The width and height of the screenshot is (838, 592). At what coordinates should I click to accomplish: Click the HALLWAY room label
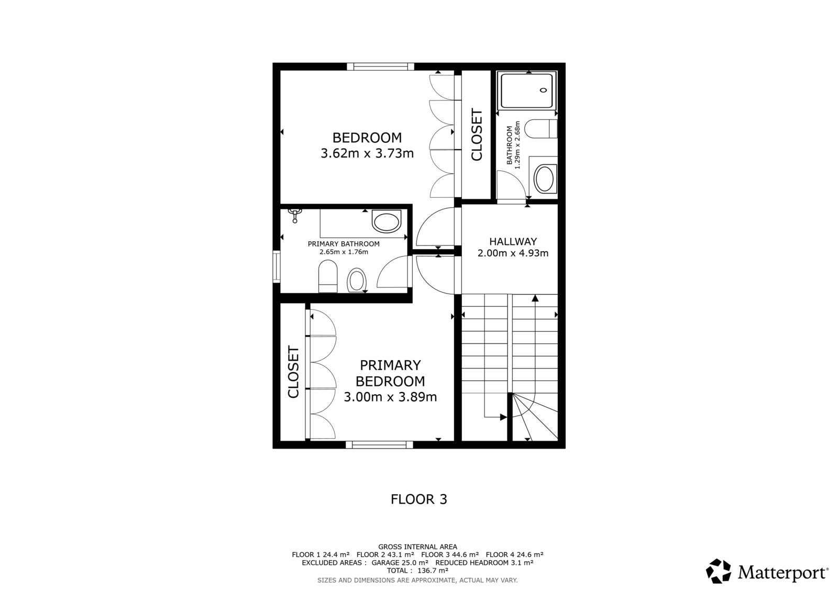point(513,241)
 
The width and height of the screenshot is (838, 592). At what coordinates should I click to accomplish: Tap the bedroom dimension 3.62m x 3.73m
point(367,153)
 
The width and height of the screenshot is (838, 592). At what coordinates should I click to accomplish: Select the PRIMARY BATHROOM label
point(344,244)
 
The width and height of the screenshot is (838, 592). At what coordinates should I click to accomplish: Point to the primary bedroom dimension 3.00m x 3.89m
point(390,397)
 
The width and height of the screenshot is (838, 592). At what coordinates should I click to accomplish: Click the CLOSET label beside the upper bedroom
point(477,135)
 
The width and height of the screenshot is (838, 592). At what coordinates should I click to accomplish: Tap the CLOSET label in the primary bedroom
point(293,372)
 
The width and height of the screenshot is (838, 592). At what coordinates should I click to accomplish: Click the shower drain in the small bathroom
point(544,90)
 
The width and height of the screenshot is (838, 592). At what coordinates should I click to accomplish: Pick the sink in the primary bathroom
point(387,221)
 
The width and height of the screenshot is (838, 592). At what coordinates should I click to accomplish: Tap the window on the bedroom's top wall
point(380,67)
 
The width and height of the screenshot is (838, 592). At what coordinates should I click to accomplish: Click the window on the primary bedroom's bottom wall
point(379,445)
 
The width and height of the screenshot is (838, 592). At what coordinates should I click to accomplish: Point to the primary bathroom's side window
point(277,266)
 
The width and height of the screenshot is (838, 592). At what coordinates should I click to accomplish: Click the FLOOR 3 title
point(418,499)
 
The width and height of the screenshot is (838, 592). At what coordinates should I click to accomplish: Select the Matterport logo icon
point(718,572)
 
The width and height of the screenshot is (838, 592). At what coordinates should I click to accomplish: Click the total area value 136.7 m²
point(433,571)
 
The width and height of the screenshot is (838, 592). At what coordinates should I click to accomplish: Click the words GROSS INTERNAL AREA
point(417,547)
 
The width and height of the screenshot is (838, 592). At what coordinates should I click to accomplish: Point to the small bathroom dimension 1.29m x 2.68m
point(517,145)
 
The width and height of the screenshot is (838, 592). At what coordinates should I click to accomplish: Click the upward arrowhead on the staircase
point(535,298)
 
